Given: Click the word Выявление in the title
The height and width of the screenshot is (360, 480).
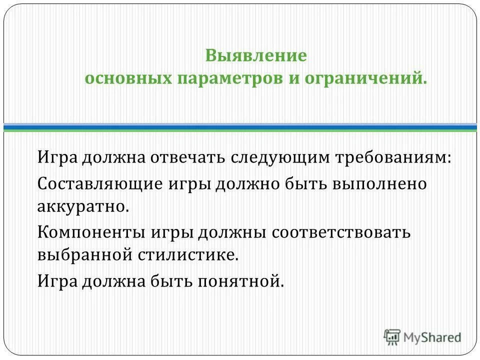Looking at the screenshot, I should [255, 55].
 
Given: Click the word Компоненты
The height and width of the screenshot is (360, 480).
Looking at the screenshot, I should [91, 232].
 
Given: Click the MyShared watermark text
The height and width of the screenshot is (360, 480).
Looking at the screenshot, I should [433, 337].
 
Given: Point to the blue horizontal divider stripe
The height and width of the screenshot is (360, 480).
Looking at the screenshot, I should [240, 127].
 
